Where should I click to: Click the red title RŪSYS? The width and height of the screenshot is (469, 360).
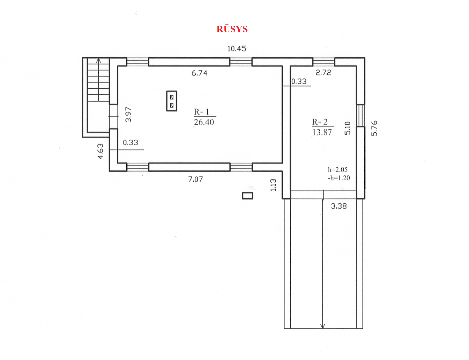232,29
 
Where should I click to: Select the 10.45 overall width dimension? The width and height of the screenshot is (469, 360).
237,49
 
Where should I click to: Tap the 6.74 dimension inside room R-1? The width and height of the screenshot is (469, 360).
199,73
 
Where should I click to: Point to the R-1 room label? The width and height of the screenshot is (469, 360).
201,112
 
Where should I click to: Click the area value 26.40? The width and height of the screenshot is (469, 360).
204,122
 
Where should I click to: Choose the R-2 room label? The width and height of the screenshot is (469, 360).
320,122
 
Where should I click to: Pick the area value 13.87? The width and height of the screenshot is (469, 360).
322,132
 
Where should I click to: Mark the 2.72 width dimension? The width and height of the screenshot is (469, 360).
323,73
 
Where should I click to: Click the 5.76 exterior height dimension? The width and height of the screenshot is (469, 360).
374,128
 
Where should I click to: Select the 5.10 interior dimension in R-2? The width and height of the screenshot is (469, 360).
348,128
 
